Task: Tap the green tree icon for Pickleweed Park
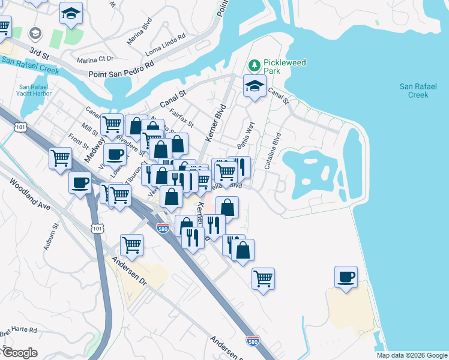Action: click(x=255, y=64)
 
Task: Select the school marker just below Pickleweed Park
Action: click(x=255, y=86)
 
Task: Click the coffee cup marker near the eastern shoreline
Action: click(x=346, y=277)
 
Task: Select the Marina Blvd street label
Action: click(x=139, y=35)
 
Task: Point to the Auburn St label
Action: click(x=54, y=236)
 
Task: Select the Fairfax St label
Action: click(x=181, y=118)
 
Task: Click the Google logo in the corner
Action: click(x=19, y=353)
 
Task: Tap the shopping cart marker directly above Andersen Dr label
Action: click(x=131, y=244)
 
